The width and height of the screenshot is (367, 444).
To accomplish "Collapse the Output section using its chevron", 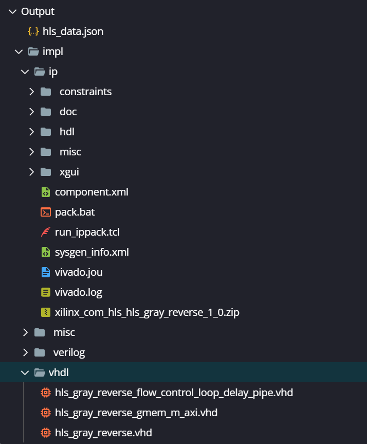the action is point(13,12).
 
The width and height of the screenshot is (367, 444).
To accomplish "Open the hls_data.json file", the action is point(72,31).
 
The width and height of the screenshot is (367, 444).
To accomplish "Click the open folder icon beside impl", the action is point(34,51).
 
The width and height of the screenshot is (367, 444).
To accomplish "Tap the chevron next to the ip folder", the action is point(25,72).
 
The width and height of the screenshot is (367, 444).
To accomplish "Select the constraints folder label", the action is point(85,92).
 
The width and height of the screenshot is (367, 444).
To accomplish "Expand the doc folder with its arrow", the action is point(31,112).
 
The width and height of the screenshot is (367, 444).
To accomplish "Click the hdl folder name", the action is point(67,132).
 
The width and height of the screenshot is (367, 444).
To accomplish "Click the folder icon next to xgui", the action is point(46,172).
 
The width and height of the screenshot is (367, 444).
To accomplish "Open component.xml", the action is point(91,192).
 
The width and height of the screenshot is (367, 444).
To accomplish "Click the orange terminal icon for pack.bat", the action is point(46,212).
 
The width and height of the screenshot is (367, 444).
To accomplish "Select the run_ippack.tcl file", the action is point(87,232).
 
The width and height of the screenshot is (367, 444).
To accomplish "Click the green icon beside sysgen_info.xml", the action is point(46,252).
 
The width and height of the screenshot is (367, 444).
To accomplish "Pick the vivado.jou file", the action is point(79,272).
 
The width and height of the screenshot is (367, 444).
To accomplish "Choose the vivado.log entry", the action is point(78,293).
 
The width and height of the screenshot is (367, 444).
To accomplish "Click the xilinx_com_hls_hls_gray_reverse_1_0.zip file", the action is point(147,312).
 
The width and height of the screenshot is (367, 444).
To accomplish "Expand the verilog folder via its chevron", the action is point(26,352).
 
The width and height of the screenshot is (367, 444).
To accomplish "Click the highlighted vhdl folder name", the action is point(59,372).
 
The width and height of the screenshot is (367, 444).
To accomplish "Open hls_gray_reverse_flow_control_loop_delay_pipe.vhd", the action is point(174,393).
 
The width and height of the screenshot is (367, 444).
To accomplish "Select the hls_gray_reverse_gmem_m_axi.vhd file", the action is point(136,413).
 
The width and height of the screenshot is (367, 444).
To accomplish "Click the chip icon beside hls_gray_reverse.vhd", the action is point(46,433).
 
